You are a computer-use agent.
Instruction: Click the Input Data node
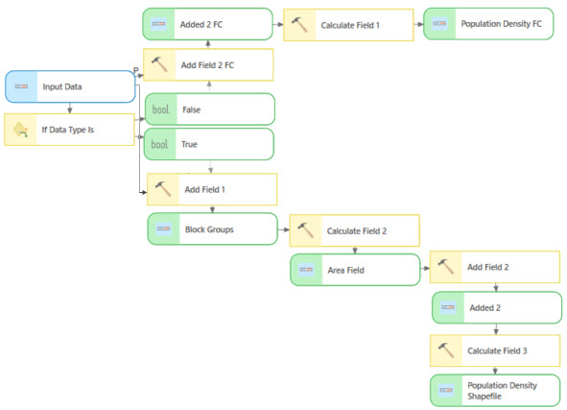70,86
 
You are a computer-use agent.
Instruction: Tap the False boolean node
209,109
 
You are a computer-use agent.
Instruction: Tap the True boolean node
209,144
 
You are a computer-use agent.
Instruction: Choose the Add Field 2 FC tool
209,64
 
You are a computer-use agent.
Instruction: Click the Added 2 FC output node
209,24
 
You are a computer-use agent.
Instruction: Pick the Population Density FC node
488,24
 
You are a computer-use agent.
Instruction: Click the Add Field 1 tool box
212,189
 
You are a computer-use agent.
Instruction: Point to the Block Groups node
212,229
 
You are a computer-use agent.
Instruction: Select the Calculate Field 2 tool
354,230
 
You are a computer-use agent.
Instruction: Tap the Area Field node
354,270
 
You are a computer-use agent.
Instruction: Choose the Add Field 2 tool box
494,267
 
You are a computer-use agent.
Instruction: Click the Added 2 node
496,308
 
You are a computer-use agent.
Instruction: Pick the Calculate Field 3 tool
495,350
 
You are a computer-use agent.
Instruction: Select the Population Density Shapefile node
495,391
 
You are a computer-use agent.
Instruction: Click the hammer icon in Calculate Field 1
300,25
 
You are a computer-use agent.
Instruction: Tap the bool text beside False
160,109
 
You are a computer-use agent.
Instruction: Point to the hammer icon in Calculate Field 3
446,350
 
